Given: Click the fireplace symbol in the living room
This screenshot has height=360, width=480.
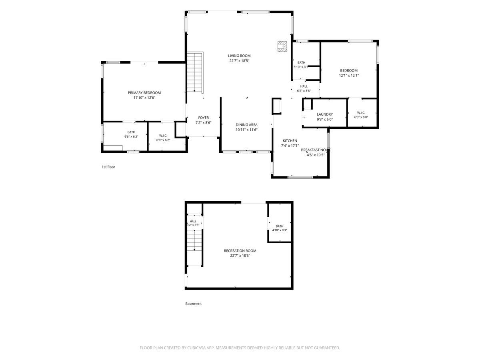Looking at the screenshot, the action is pos(282,46).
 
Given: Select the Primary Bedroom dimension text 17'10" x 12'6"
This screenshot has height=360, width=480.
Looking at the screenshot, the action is pos(144,98).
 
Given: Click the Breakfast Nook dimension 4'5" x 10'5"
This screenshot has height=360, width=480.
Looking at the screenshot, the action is pos(316,155).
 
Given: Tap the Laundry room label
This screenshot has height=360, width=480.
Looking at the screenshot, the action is pos(325,117).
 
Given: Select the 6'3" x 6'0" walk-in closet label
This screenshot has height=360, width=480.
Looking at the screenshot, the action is pos(361,115).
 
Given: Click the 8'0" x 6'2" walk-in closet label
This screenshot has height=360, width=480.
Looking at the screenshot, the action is pos(163,138).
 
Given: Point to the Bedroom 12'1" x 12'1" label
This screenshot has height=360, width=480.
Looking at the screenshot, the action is pos(349,73).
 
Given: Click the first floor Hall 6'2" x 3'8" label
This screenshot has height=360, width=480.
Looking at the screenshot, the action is pos(304,88).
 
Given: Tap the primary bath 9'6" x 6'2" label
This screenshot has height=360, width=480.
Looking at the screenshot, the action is pos(131,134).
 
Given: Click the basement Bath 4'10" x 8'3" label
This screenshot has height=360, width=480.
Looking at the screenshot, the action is pos(280,228).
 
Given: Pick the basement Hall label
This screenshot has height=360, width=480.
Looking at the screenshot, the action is pos(193,222).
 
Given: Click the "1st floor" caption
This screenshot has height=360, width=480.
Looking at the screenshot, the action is pos(108,167).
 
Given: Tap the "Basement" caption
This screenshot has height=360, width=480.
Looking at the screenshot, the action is pos(193,304).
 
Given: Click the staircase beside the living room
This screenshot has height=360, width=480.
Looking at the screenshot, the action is pos(195,72).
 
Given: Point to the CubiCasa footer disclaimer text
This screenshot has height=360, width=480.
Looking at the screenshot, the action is pos(240,348).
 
